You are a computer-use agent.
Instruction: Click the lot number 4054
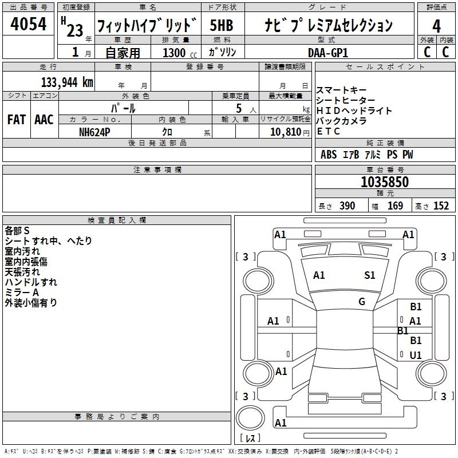28,24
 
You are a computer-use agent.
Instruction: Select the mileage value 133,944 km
67,82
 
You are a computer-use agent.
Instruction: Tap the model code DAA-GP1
328,53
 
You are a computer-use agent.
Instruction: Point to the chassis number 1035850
385,182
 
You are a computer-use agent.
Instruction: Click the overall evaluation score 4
436,26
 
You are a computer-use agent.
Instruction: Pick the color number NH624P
94,132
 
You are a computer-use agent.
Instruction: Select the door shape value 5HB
222,25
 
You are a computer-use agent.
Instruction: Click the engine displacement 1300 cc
180,53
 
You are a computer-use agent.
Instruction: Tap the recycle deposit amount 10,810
286,132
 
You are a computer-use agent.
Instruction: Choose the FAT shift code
17,120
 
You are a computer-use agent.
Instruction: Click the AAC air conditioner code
44,120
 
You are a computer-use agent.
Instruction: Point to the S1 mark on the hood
369,275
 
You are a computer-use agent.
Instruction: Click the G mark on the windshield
362,302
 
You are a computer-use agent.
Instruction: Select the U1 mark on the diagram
416,355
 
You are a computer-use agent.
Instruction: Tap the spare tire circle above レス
250,417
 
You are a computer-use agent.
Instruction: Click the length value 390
347,206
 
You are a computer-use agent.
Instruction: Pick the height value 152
441,206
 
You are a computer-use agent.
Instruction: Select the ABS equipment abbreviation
329,155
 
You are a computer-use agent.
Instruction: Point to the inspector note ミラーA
22,293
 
